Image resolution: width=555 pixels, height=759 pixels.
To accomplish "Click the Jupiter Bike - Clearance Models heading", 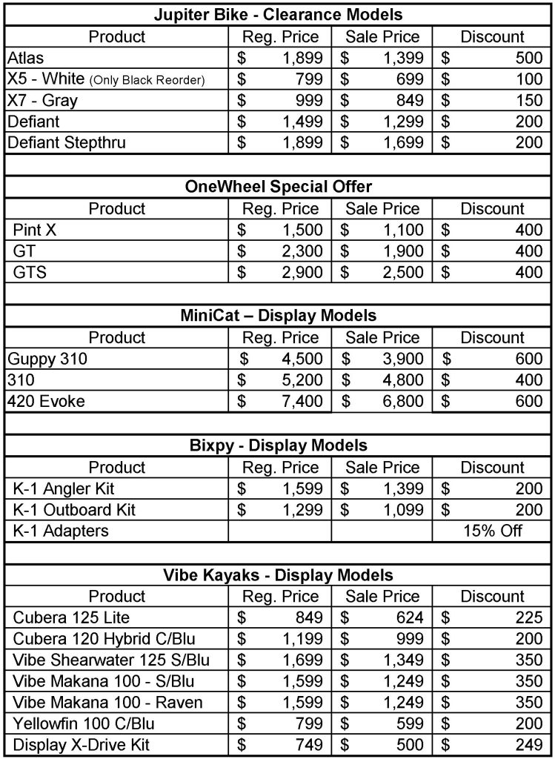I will pyautogui.click(x=277, y=14).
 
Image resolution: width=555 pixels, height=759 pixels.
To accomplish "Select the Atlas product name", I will pyautogui.click(x=26, y=57).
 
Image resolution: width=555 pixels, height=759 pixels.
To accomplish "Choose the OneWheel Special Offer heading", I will pyautogui.click(x=277, y=187).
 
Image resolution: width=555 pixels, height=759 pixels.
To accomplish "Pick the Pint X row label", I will pyautogui.click(x=35, y=230).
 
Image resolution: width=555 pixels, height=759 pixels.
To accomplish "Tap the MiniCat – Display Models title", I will pyautogui.click(x=277, y=316).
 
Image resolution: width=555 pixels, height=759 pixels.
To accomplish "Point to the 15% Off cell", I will pyautogui.click(x=492, y=531).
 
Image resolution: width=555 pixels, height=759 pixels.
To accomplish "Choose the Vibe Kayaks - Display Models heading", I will pyautogui.click(x=277, y=574).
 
